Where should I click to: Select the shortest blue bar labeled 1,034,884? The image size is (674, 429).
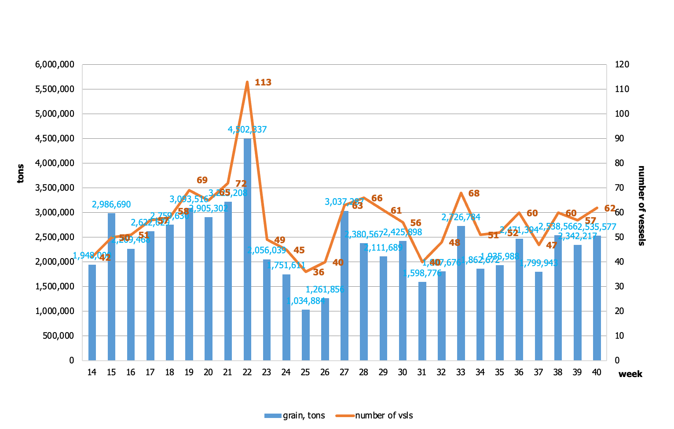pos(306,335)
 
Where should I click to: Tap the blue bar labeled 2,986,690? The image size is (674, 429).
pos(111,287)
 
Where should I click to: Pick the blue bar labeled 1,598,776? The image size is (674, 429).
pos(422,321)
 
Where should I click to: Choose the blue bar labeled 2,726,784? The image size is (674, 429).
pos(461,293)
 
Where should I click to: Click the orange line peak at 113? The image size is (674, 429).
pos(247,82)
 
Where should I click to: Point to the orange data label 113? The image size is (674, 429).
pos(263,82)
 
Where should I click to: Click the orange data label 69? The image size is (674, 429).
pos(202,180)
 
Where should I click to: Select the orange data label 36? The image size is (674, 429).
pos(319,272)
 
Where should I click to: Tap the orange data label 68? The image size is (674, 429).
pos(474,193)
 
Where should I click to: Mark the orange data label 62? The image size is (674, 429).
pos(610,208)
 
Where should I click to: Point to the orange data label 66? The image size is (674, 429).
pos(377,198)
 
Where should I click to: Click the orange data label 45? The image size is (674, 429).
pos(299,251)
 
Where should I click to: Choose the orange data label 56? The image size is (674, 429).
pos(416,223)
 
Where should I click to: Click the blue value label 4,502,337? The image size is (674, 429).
pos(247,130)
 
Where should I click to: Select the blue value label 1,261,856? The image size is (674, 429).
pos(325,290)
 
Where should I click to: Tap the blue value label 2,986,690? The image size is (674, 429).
pos(111,205)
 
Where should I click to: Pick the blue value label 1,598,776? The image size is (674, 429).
pos(422,274)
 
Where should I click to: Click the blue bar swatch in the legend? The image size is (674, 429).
pos(273,415)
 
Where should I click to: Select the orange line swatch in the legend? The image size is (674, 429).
pos(345,415)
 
